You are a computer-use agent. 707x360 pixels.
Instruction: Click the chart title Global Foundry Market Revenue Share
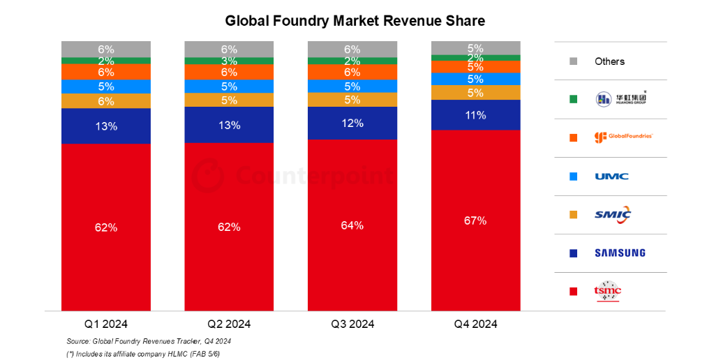355,21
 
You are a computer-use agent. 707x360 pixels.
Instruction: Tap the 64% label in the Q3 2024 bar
352,225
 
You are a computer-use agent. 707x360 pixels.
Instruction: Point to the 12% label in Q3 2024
352,123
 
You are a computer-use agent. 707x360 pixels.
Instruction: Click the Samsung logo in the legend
620,253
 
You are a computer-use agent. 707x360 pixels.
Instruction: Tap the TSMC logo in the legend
607,292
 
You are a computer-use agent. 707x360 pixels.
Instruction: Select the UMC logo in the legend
611,176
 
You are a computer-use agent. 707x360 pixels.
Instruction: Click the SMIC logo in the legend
612,214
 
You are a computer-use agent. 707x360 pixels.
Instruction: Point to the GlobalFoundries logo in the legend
623,137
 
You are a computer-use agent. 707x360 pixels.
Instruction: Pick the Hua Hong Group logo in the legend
620,99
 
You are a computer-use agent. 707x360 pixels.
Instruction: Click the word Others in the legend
609,61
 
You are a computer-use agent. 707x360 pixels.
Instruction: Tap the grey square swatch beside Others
573,61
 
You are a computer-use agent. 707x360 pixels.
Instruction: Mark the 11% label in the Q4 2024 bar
475,115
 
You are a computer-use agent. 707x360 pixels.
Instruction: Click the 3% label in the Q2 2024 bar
229,61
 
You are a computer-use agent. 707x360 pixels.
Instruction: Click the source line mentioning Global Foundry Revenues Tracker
149,341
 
